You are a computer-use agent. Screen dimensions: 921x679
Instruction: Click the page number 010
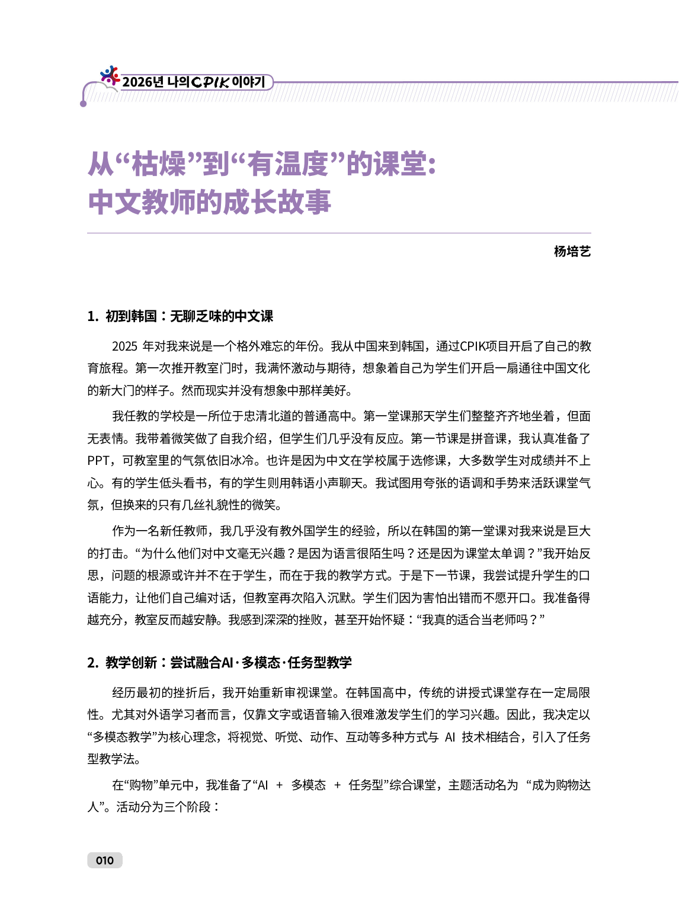click(x=104, y=860)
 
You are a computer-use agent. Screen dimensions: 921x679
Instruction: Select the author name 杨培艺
click(x=572, y=251)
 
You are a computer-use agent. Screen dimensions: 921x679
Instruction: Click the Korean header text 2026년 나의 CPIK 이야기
click(x=194, y=82)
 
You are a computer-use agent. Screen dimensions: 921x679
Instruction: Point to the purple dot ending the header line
click(x=84, y=104)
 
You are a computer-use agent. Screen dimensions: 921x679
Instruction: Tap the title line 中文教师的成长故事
click(x=209, y=202)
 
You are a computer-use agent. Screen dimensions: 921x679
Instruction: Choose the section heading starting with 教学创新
click(x=228, y=662)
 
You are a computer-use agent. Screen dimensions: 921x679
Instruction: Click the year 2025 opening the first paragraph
click(x=124, y=346)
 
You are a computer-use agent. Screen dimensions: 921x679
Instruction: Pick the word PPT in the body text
click(x=98, y=461)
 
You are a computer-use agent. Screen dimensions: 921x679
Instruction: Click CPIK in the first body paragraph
click(x=472, y=346)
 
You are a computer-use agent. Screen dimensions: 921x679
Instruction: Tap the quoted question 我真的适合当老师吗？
click(x=481, y=620)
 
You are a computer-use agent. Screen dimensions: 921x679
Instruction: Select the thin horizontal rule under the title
click(x=339, y=233)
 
